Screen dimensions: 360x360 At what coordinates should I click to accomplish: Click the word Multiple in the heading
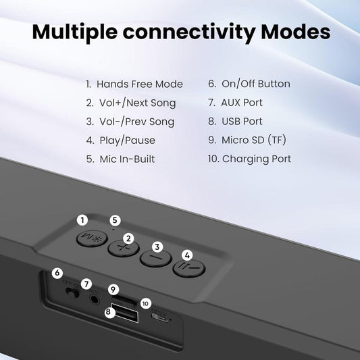[x=74, y=32]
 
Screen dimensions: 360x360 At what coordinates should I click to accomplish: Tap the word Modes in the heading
[x=296, y=32]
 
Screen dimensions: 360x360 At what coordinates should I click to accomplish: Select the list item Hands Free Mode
[x=134, y=84]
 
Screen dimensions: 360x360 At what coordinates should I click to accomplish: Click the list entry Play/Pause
[x=121, y=140]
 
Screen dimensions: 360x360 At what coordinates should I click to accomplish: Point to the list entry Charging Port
[x=249, y=159]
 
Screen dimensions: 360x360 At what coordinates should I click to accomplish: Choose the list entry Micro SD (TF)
[x=247, y=140]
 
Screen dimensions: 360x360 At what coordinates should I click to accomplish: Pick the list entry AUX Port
[x=235, y=103]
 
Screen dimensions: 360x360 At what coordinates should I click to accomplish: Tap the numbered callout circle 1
[x=82, y=220]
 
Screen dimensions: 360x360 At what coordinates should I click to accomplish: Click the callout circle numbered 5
[x=115, y=220]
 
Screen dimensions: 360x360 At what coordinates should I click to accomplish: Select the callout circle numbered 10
[x=146, y=303]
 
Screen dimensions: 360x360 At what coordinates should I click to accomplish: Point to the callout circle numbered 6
[x=57, y=273]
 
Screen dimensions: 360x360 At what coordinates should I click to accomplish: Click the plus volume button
[x=124, y=249]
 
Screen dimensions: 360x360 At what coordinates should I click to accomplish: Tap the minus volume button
[x=156, y=258]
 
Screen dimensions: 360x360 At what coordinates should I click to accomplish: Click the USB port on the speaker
[x=125, y=313]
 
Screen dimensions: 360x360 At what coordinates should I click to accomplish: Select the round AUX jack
[x=95, y=299]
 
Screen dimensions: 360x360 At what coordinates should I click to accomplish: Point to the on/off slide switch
[x=72, y=293]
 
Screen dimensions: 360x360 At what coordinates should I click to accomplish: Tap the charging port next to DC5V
[x=159, y=318]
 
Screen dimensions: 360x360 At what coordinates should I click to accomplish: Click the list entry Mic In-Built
[x=120, y=159]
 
